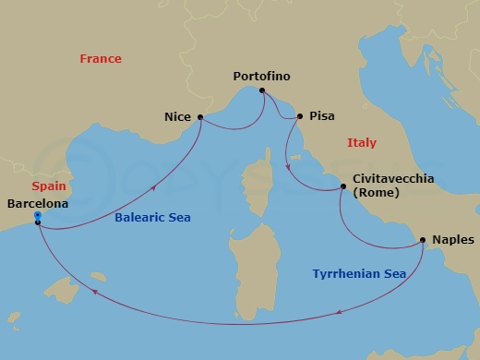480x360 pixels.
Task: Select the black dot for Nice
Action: [200, 117]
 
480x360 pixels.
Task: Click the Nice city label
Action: [177, 117]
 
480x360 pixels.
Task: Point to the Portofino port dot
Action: [262, 90]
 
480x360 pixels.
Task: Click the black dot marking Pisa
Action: [300, 116]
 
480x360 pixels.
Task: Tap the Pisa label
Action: [322, 116]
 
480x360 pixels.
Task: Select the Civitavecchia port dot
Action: [342, 187]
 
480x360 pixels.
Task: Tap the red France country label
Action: [101, 58]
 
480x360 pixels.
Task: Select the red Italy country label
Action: [361, 142]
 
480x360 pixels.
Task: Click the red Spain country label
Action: [47, 186]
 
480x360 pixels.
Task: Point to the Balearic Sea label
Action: [152, 217]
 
